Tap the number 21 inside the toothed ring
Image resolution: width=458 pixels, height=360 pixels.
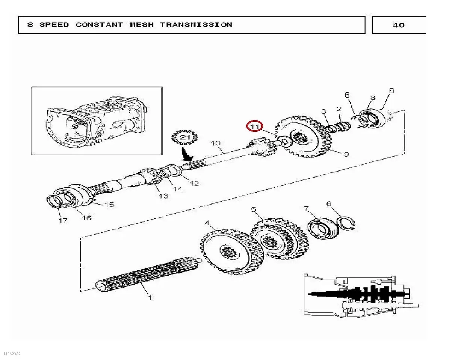[x=184, y=137]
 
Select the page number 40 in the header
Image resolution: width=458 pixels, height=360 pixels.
[x=398, y=25]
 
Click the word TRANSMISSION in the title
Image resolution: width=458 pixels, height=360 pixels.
[x=196, y=25]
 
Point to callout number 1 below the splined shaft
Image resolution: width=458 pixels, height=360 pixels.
[x=150, y=298]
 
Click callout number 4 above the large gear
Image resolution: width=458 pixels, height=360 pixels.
[x=207, y=223]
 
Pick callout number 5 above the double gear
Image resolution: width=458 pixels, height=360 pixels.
[x=253, y=209]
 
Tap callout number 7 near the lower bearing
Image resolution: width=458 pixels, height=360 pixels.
[x=306, y=209]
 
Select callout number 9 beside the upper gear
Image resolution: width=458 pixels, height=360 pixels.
[x=346, y=154]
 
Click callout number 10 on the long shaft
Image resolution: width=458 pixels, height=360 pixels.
[x=215, y=143]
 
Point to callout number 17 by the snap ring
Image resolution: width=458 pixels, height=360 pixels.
[x=63, y=221]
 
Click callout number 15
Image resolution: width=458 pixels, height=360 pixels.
[x=110, y=205]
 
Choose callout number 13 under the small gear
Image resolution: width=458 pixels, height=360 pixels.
[x=163, y=196]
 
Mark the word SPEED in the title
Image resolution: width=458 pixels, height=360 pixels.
[x=54, y=25]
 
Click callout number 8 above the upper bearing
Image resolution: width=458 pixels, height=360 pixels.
[x=372, y=98]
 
